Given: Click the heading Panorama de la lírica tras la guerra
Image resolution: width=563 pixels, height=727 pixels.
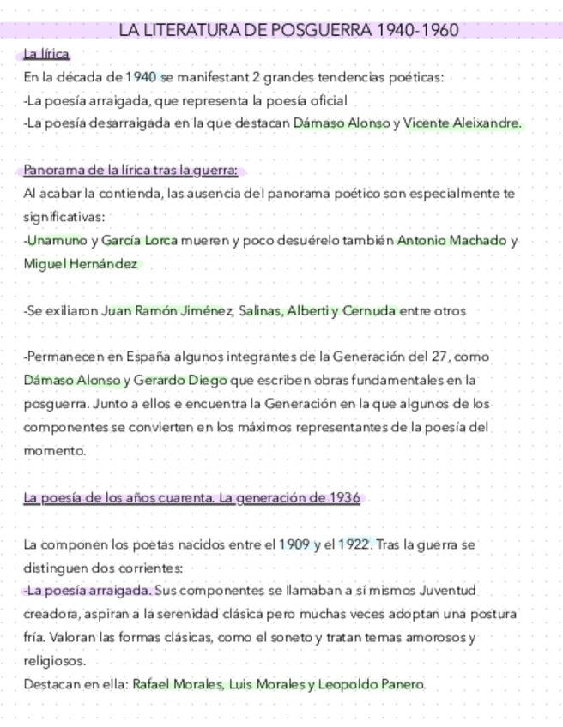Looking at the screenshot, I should pyautogui.click(x=130, y=170).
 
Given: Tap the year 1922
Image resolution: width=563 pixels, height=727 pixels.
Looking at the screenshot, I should pyautogui.click(x=355, y=544).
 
